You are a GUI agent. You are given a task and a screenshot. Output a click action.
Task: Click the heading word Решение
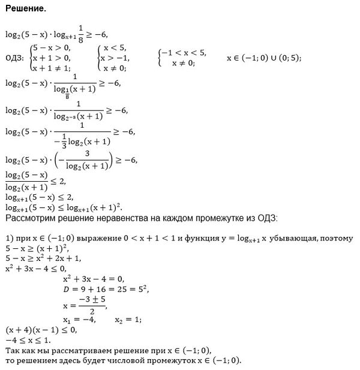point(25,10)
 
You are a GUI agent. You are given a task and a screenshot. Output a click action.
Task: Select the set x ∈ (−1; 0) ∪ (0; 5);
point(263,58)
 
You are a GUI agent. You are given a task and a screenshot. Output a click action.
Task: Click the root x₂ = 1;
point(128,320)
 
